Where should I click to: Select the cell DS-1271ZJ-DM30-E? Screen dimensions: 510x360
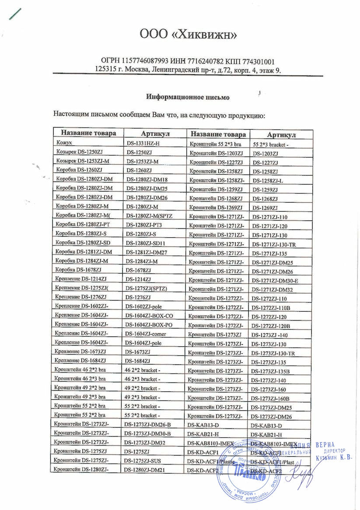(x=276, y=281)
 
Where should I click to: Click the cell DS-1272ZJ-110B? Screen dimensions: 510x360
(x=272, y=308)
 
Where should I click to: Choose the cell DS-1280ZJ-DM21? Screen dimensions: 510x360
(x=147, y=470)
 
